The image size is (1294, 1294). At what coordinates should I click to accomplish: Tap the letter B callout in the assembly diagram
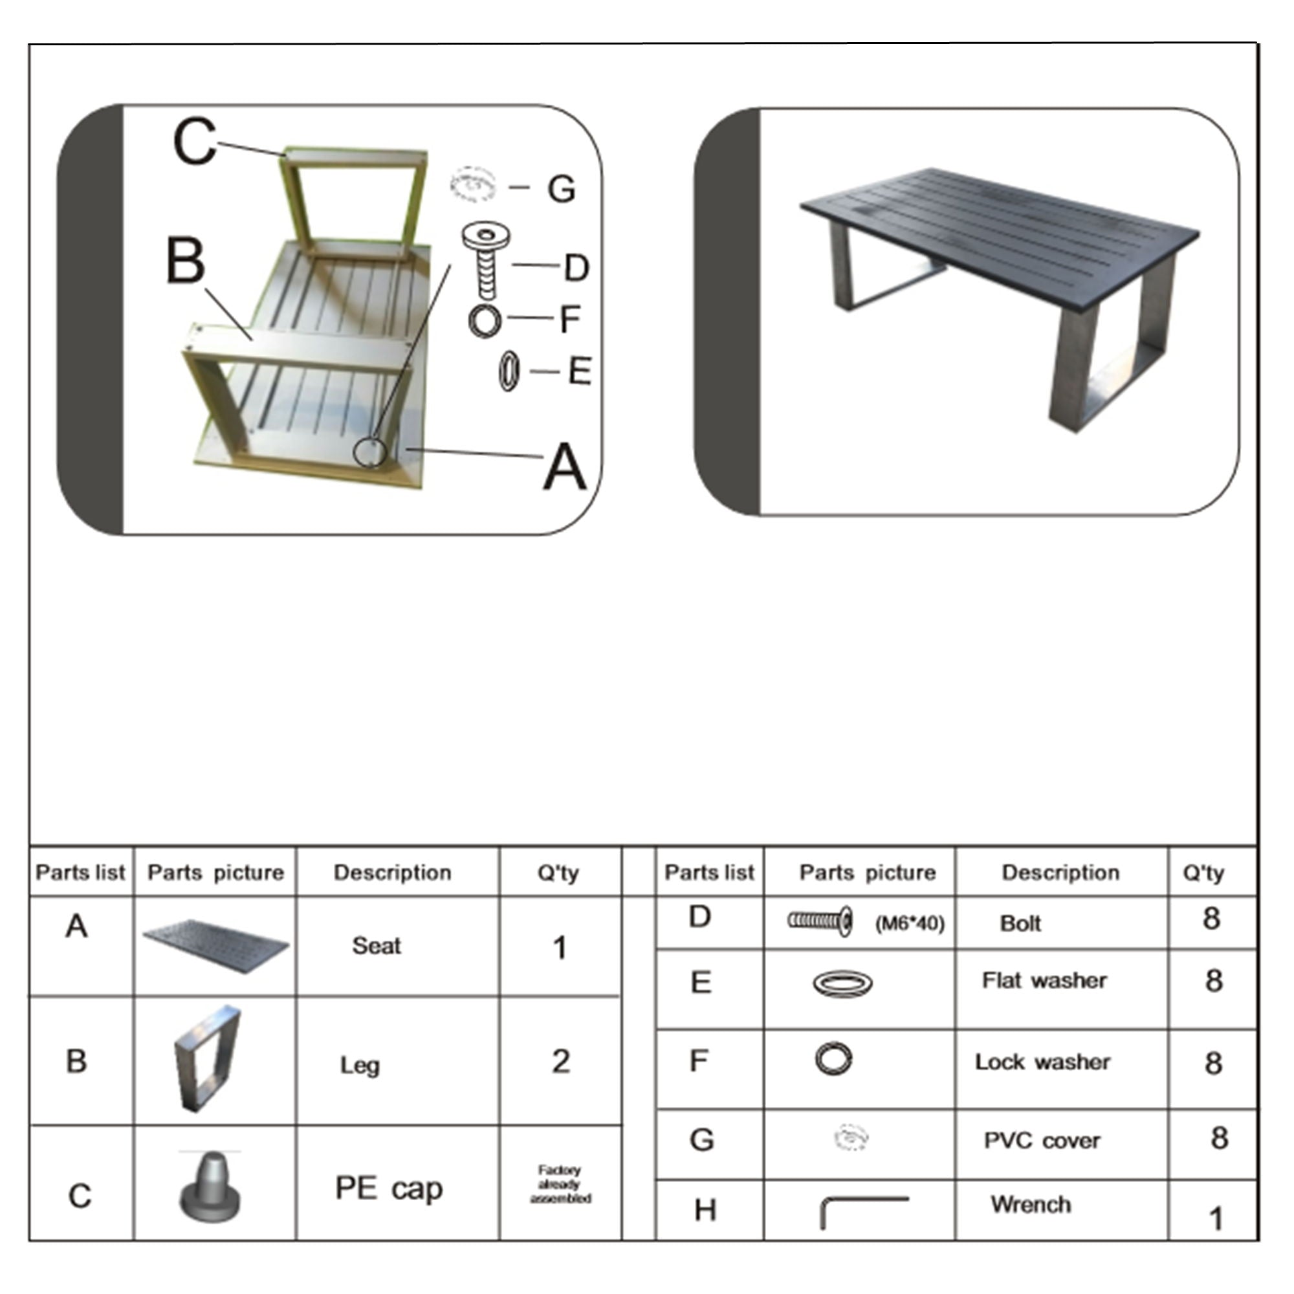(x=185, y=261)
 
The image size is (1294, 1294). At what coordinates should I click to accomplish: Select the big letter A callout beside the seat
(x=565, y=467)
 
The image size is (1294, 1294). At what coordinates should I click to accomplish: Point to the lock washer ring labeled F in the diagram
(x=485, y=320)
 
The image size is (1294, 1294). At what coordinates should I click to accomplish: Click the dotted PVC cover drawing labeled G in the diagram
(x=474, y=184)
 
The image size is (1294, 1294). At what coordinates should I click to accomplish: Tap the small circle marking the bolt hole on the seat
(x=369, y=452)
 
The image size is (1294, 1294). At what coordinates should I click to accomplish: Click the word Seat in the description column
(x=377, y=946)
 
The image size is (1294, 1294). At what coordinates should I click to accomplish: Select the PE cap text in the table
(x=388, y=1187)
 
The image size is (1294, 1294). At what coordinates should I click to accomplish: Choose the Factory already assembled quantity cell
(x=560, y=1184)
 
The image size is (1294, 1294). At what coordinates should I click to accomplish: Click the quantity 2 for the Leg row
(x=560, y=1061)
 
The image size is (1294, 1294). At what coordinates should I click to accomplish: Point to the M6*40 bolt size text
(x=910, y=924)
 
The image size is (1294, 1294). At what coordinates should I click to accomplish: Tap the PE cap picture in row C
(x=210, y=1186)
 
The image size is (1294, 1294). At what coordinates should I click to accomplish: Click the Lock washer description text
(x=1042, y=1062)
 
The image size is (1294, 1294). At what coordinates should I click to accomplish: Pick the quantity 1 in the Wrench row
(x=1216, y=1218)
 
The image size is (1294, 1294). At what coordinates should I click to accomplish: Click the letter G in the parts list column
(x=701, y=1139)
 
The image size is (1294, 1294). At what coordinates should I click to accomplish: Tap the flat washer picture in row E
(x=842, y=983)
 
